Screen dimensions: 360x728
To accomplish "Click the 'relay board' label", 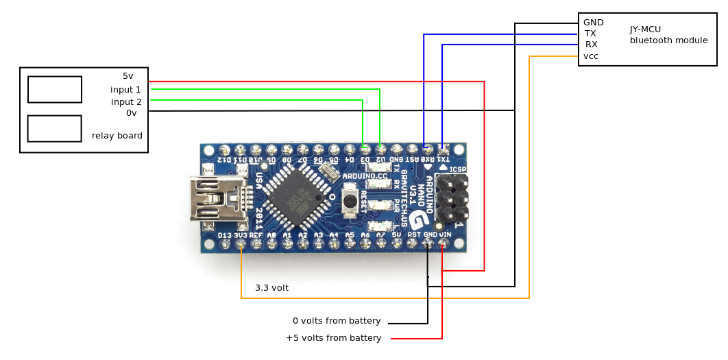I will click(x=117, y=136).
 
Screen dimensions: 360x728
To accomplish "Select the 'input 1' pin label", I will click(x=125, y=90).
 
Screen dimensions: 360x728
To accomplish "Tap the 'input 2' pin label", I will click(x=126, y=102).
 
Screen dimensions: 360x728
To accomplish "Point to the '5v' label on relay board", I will click(x=128, y=76).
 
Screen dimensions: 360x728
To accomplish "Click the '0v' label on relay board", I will click(x=131, y=113).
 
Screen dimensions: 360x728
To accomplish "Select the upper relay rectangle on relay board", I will click(x=55, y=89).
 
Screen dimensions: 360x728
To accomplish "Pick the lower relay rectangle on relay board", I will click(x=55, y=128).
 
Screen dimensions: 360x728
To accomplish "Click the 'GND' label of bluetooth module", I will click(x=593, y=23).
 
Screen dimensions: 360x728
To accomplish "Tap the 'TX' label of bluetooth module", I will click(x=590, y=34).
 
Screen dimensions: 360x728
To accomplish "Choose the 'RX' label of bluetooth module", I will click(x=591, y=45).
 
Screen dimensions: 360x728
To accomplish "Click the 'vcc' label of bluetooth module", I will click(x=591, y=56).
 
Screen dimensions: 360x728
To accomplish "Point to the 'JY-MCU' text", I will click(x=645, y=29).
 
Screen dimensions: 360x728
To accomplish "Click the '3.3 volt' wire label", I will click(x=271, y=288).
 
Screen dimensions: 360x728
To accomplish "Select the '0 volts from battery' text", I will click(x=337, y=321).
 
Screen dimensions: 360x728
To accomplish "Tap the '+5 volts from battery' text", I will click(x=333, y=338).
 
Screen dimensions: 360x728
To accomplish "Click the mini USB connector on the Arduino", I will click(x=216, y=199).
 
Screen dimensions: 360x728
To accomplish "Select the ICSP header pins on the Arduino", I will click(x=452, y=199).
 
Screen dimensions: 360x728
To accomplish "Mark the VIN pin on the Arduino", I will click(x=445, y=243).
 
